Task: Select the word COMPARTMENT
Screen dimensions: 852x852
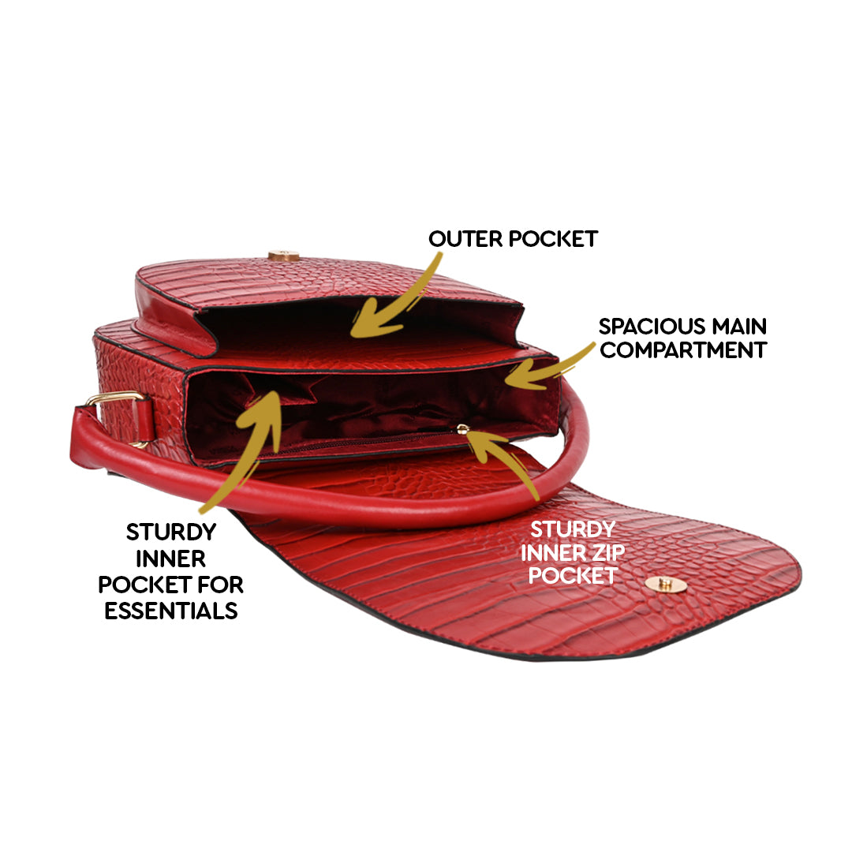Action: pyautogui.click(x=683, y=350)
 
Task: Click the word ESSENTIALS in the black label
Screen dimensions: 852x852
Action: pyautogui.click(x=171, y=611)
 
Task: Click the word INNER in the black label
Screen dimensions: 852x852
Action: pyautogui.click(x=171, y=559)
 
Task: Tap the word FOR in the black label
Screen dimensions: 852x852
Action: pyautogui.click(x=220, y=585)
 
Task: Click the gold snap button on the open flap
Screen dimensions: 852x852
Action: pyautogui.click(x=664, y=584)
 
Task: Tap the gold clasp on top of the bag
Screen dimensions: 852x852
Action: pyautogui.click(x=283, y=256)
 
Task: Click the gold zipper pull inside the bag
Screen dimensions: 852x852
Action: pyautogui.click(x=463, y=429)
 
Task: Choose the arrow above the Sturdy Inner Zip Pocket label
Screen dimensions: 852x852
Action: pyautogui.click(x=505, y=465)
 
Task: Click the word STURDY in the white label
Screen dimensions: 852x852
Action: pyautogui.click(x=572, y=528)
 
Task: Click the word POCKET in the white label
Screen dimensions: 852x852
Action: pyautogui.click(x=572, y=575)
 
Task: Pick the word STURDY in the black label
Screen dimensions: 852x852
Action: pyautogui.click(x=171, y=532)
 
